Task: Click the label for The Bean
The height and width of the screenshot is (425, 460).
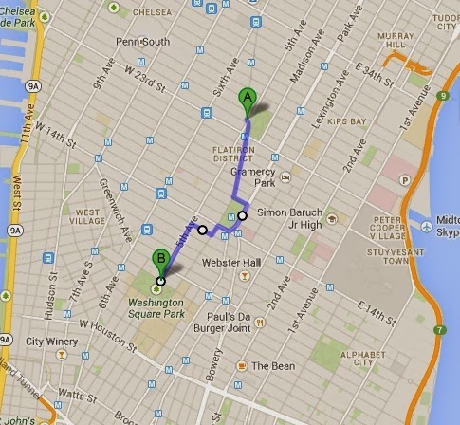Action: click(267, 365)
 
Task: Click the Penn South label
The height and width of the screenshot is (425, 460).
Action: click(142, 43)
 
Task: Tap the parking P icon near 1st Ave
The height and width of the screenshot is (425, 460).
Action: click(407, 178)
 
